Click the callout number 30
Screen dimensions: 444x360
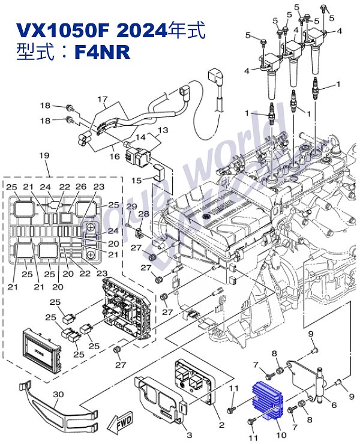(x=58, y=394)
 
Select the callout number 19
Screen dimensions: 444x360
(x=43, y=156)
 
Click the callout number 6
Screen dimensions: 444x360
(x=334, y=405)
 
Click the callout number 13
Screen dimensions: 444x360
(x=163, y=130)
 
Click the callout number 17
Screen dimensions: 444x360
(x=102, y=99)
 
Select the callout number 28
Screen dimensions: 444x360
(x=144, y=214)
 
